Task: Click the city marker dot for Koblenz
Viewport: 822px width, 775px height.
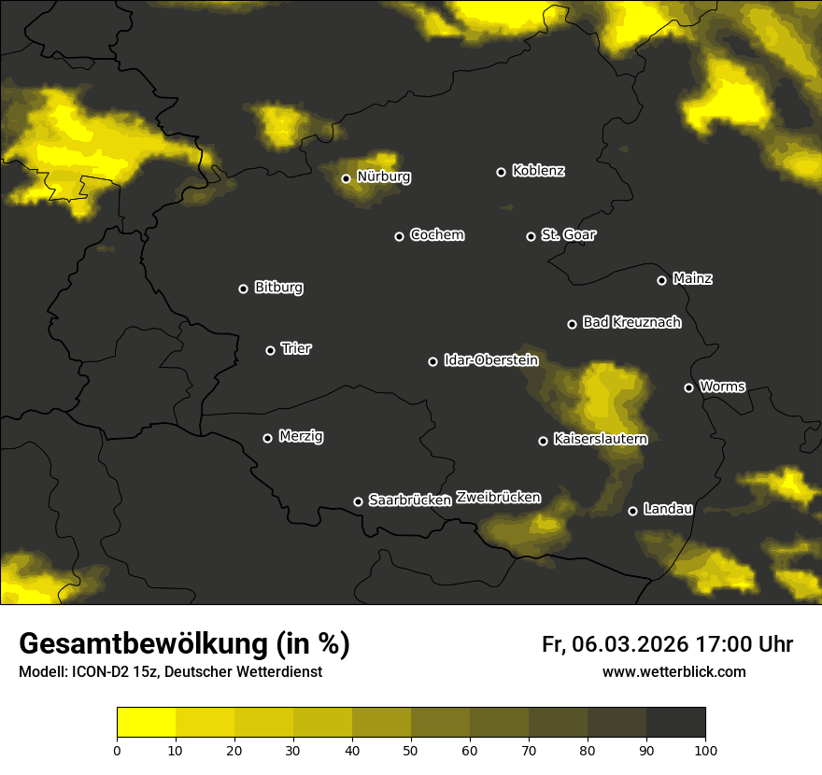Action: point(501,172)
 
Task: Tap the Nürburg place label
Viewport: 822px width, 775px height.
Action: point(383,176)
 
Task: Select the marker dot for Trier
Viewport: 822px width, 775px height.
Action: point(271,350)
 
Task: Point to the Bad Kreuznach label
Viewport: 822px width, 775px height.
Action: point(631,322)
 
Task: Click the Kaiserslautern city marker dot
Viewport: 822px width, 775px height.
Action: point(543,441)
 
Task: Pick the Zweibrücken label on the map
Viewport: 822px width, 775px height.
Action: point(498,497)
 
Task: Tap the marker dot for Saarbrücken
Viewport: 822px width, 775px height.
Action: point(358,501)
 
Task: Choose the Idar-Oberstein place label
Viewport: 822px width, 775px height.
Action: point(490,359)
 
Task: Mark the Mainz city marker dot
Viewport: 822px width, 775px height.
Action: point(661,280)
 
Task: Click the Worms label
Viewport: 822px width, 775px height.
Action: point(722,386)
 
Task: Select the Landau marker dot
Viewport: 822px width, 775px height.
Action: point(632,511)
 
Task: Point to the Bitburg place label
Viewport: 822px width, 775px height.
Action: point(278,288)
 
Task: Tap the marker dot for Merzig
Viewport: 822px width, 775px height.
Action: point(267,438)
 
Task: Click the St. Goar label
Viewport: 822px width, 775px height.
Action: point(568,234)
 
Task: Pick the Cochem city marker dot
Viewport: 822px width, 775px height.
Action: point(399,236)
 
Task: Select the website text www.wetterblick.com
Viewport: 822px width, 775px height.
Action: point(673,671)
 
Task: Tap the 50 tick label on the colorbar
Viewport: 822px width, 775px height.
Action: point(411,750)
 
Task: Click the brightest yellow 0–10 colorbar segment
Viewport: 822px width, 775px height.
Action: point(147,722)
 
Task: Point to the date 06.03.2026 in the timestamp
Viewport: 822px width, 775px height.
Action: point(631,644)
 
